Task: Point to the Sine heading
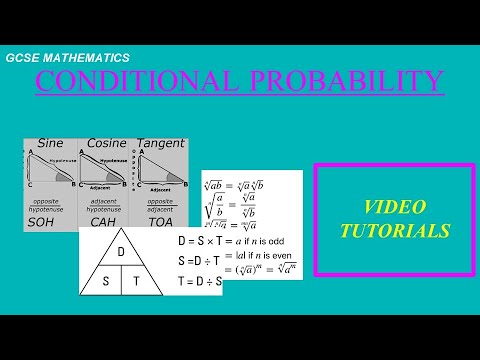tap(50, 143)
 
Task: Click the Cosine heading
tap(106, 143)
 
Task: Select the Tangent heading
tap(160, 143)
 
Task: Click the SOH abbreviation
tap(41, 221)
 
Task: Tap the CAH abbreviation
tap(103, 221)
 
